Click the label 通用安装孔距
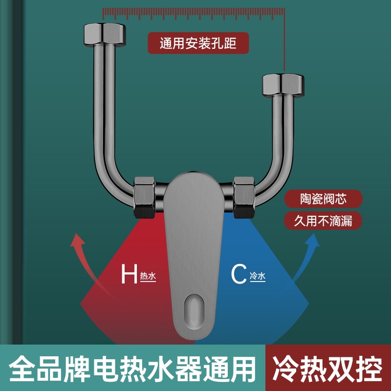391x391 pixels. tap(198, 43)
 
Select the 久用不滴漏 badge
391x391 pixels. tap(324, 220)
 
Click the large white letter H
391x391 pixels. tap(129, 275)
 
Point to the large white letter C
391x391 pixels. tap(239, 275)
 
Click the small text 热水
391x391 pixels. tap(148, 277)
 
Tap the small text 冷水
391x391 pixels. tap(257, 277)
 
